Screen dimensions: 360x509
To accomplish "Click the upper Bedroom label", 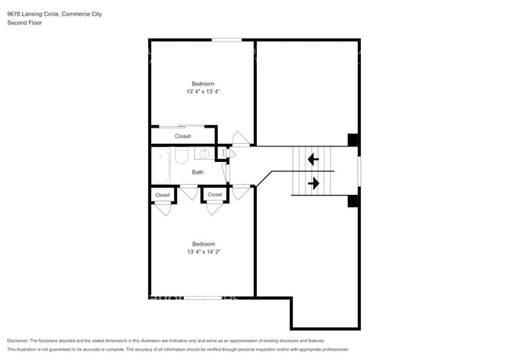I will [203, 84].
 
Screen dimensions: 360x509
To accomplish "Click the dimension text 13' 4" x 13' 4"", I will [203, 92].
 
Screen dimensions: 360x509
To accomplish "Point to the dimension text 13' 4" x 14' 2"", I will [203, 252].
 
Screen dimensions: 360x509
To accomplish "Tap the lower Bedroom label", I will [203, 243].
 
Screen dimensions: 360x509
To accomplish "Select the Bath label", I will [198, 172].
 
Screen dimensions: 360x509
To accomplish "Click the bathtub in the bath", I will [161, 165].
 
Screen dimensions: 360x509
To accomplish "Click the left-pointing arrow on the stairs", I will [312, 160].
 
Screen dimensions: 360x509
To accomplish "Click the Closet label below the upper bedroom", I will [182, 136].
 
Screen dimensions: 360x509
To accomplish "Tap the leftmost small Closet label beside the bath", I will [162, 195].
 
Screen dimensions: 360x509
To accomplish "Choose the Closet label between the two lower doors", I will [215, 195].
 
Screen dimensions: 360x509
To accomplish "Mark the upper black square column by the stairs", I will [353, 140].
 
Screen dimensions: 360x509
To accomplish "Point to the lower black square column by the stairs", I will [353, 201].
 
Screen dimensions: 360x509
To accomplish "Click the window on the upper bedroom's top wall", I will [227, 40].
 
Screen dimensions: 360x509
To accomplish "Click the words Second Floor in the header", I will [24, 23].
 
